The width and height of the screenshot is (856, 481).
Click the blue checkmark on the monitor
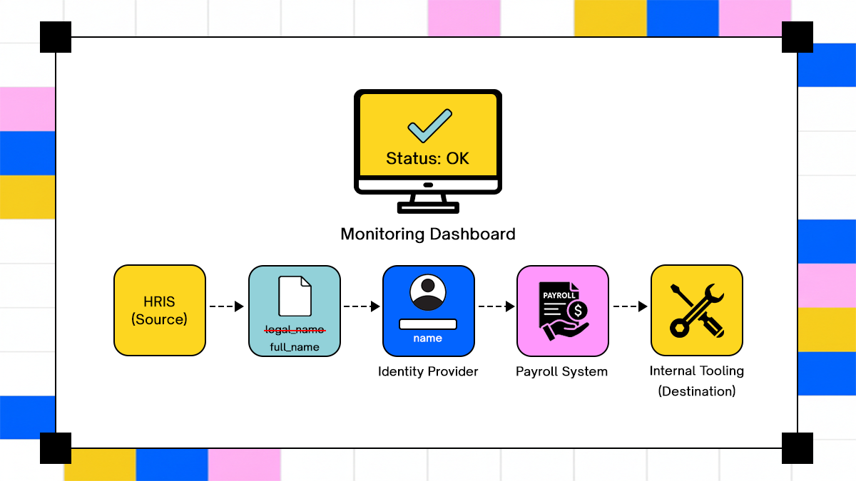click(429, 125)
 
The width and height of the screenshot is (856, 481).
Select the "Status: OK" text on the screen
click(428, 158)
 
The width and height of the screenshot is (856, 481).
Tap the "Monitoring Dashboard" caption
click(428, 234)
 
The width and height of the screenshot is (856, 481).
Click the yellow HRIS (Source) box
click(160, 311)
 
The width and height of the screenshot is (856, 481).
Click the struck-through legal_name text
click(295, 329)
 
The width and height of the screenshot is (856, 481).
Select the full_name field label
click(295, 347)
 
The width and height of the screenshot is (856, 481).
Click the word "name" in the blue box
click(428, 338)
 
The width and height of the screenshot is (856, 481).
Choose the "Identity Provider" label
click(428, 371)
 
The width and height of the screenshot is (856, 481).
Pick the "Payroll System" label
click(562, 371)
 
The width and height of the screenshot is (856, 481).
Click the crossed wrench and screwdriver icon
click(697, 311)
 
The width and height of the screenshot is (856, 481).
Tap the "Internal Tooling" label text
click(697, 371)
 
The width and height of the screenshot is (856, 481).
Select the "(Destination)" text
click(697, 391)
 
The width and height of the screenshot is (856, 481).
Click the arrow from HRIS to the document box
click(227, 306)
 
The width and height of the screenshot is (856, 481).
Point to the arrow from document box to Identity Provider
click(362, 306)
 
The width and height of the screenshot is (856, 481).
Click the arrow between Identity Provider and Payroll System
click(496, 306)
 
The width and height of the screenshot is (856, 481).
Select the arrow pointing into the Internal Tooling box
click(630, 306)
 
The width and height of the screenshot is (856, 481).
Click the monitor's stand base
click(428, 207)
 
